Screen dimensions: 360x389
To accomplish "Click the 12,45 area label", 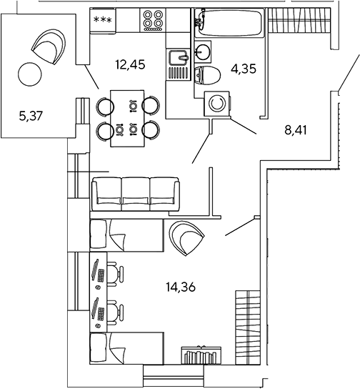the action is click(x=130, y=65).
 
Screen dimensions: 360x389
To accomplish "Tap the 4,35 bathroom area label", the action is click(x=244, y=69).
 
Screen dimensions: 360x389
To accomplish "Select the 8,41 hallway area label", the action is click(x=296, y=130).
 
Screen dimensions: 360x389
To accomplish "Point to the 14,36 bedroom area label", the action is click(x=181, y=287).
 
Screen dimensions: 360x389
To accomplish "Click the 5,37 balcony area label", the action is click(x=31, y=116).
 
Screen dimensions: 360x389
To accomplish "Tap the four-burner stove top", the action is click(x=153, y=20).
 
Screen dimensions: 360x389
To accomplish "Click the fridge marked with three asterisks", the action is click(x=103, y=20).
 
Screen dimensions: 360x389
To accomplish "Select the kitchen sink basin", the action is click(x=178, y=57).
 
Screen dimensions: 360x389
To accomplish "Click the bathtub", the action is click(x=229, y=22).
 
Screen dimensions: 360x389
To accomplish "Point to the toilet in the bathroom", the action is click(x=207, y=75).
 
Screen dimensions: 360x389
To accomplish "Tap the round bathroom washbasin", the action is click(x=203, y=51).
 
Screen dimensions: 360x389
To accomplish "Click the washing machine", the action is click(x=217, y=104).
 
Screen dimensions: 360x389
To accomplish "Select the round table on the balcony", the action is click(x=30, y=74).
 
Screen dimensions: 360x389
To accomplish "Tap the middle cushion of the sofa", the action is click(x=136, y=194).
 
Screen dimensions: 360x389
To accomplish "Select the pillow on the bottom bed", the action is click(x=99, y=348).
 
